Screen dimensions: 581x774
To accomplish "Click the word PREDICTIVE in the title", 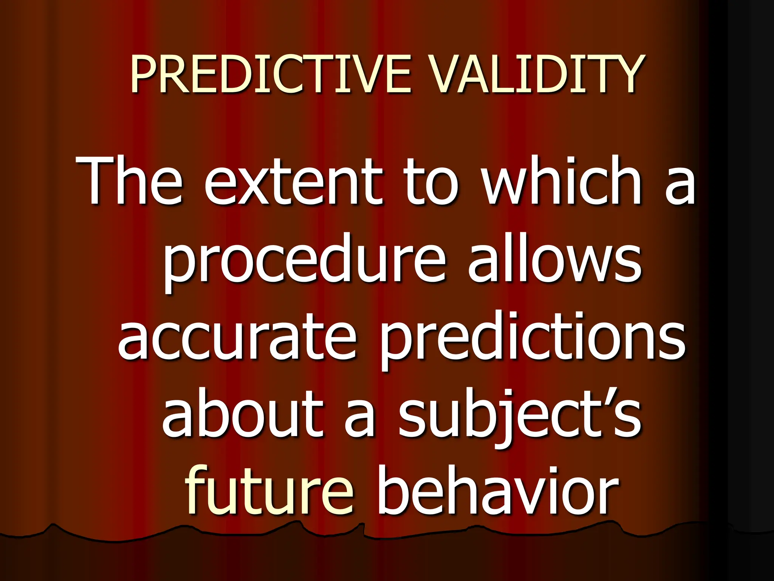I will (270, 74).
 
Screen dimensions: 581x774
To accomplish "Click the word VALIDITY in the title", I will (536, 74).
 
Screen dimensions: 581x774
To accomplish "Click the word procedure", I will (304, 261).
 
